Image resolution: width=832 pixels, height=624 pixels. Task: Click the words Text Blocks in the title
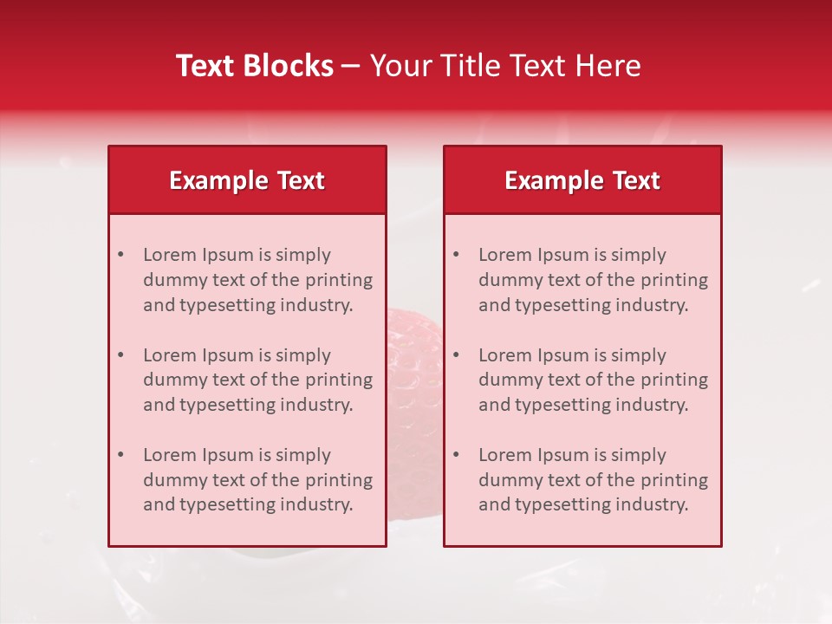(x=254, y=66)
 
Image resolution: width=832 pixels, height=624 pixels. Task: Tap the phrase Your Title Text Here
(x=505, y=66)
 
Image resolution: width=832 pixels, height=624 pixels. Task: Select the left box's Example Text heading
(x=247, y=180)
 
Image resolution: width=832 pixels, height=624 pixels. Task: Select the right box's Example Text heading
(x=582, y=180)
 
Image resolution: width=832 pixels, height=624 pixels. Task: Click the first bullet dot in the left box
(x=120, y=255)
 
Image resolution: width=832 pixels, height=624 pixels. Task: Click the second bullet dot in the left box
(x=120, y=355)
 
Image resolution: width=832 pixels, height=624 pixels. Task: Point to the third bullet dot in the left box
(x=120, y=455)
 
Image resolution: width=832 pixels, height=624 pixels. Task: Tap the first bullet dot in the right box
(x=456, y=255)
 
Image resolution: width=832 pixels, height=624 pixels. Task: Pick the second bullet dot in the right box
(x=456, y=355)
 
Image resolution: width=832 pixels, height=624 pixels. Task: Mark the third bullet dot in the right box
(x=456, y=455)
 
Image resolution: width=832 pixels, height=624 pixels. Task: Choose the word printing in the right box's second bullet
(x=675, y=380)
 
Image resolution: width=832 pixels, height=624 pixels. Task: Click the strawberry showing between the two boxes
(x=414, y=355)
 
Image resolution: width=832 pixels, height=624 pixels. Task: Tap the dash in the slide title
(x=351, y=66)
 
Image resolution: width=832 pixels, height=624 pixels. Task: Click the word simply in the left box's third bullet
(x=302, y=455)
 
